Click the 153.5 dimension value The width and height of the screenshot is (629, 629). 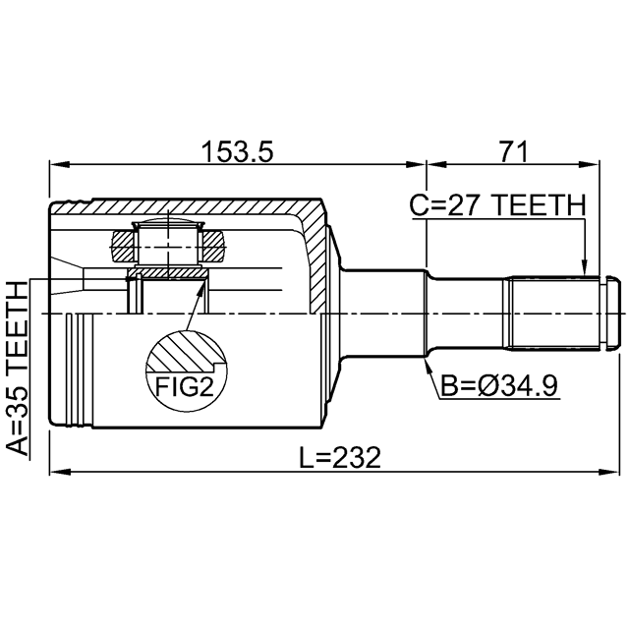tap(237, 151)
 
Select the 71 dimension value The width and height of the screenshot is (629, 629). tap(512, 151)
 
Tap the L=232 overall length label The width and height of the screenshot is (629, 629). tap(340, 458)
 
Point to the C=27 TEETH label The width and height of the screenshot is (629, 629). tap(497, 205)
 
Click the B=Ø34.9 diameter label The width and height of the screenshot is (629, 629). tap(499, 385)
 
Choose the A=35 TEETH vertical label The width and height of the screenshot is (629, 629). tap(19, 368)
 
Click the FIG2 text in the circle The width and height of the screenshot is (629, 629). tap(185, 386)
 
